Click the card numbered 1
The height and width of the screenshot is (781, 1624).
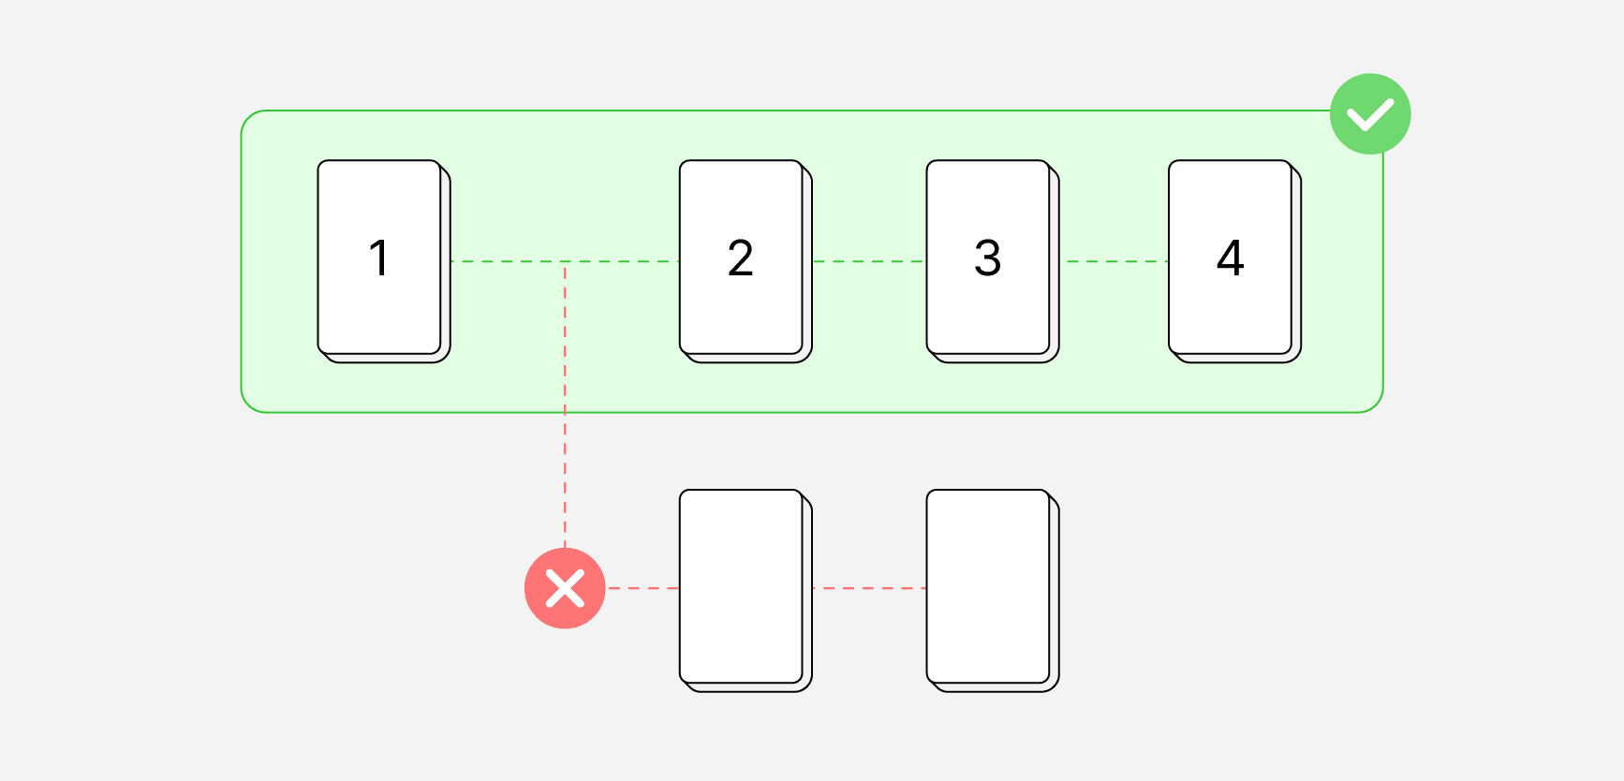coord(384,261)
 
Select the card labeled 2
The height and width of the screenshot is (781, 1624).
coord(746,261)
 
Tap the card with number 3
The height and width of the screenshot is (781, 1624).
coord(993,261)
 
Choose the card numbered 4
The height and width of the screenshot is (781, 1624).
coord(1235,261)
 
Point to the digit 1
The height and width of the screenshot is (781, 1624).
coord(379,258)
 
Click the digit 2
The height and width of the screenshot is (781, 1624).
coord(741,258)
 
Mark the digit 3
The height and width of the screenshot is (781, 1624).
coord(988,258)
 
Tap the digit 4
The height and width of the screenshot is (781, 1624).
coord(1231,258)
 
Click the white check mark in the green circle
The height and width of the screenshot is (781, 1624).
coord(1370,114)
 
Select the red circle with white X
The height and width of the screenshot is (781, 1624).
coord(565,588)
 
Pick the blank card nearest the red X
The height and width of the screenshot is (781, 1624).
coord(746,591)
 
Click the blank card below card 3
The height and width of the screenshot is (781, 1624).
coord(993,591)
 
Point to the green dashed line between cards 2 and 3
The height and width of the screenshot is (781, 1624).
coord(869,261)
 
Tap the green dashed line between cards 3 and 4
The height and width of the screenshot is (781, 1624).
coord(1115,261)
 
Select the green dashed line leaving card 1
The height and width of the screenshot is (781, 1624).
coord(565,261)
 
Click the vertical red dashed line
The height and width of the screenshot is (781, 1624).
coord(565,405)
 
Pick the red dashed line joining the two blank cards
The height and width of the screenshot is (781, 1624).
coord(869,588)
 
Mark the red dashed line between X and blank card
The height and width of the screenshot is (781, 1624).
coord(642,588)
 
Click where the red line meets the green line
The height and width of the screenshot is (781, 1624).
coord(565,261)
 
